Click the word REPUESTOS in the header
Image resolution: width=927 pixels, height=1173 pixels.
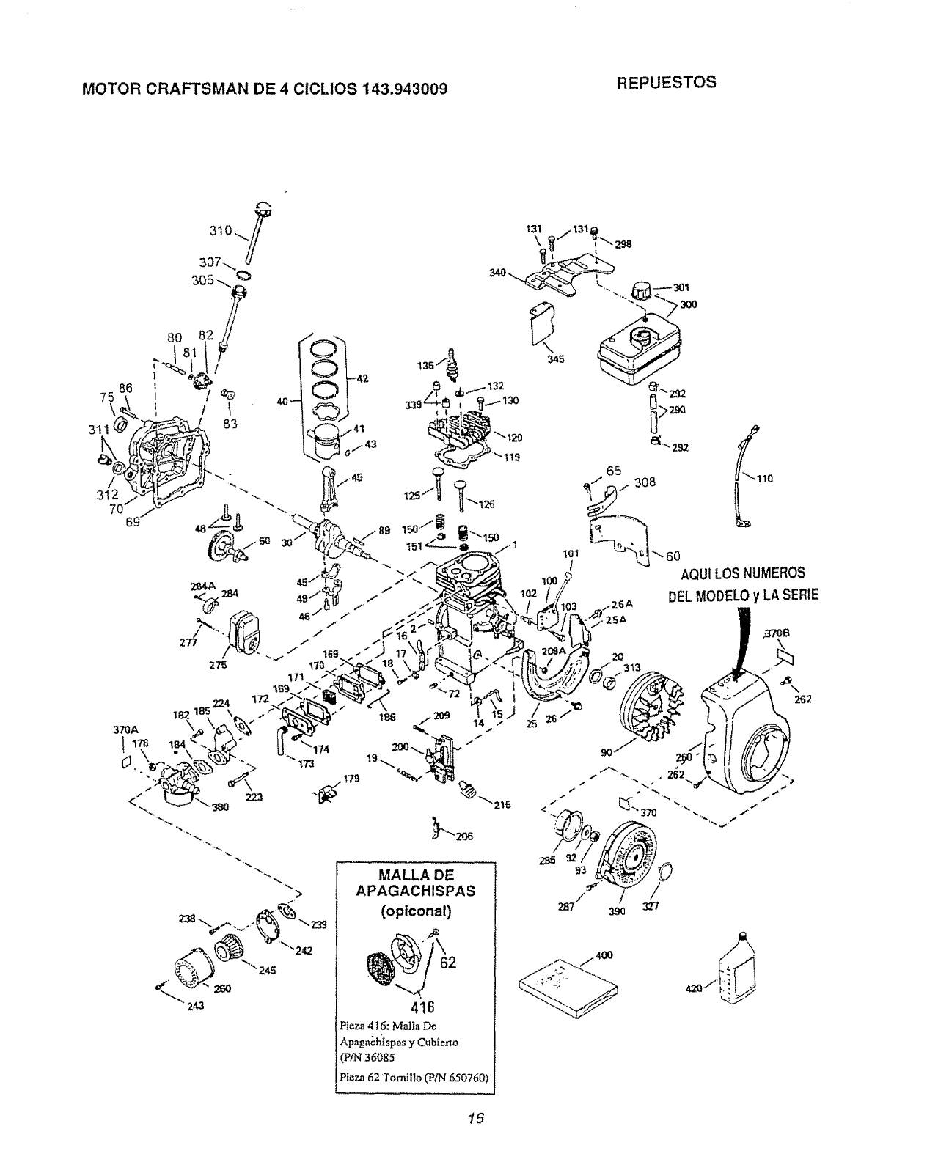(666, 82)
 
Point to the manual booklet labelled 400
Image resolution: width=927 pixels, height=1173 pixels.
(563, 985)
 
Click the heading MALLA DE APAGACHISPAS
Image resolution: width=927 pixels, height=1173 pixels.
(415, 883)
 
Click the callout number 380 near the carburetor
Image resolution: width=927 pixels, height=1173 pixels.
(220, 807)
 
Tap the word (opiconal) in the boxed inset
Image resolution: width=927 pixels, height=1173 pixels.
(415, 911)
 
